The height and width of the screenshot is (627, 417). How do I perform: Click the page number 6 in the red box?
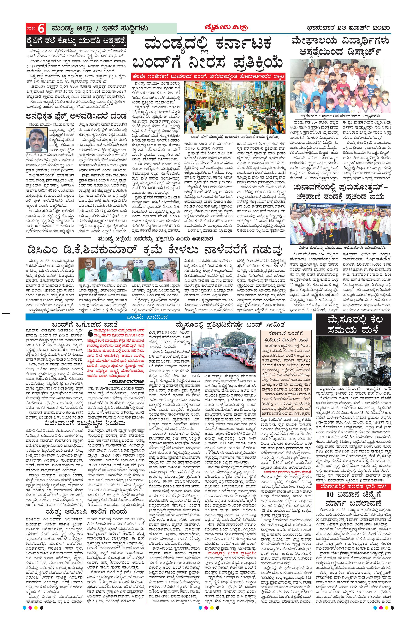[41, 28]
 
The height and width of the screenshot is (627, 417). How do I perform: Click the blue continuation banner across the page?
[169, 317]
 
